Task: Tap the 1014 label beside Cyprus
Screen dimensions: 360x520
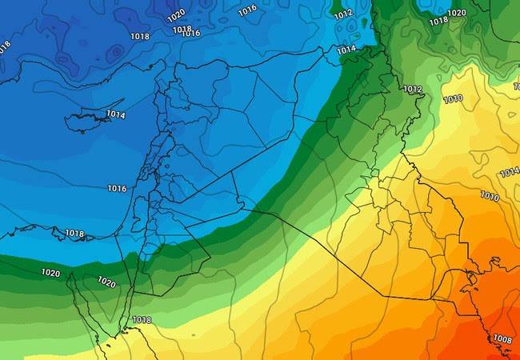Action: point(115,115)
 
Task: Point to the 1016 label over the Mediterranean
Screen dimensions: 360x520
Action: point(117,189)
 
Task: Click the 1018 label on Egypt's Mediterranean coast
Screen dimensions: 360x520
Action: point(74,234)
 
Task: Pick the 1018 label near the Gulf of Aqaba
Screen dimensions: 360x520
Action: point(142,320)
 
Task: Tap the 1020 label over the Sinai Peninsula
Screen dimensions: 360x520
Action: point(106,282)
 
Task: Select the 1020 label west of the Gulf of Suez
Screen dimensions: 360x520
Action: point(50,274)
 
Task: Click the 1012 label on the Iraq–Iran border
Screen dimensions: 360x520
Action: point(413,90)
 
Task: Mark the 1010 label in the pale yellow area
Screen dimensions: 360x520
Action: point(452,99)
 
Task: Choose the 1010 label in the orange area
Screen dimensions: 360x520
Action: point(490,196)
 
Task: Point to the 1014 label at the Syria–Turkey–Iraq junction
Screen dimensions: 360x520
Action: point(346,50)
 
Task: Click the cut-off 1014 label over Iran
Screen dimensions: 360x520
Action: point(510,173)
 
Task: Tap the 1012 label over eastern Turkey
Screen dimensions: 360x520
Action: point(343,14)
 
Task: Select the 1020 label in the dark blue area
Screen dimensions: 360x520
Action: point(176,14)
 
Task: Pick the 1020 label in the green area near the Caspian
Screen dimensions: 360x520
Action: point(457,13)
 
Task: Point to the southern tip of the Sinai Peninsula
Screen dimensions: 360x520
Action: point(124,330)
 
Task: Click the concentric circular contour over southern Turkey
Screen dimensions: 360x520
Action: point(117,53)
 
